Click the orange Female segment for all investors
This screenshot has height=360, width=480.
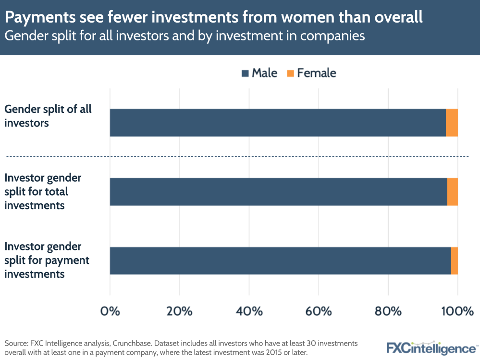click(452, 123)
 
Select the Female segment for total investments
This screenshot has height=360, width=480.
click(452, 192)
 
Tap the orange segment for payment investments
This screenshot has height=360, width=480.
click(454, 261)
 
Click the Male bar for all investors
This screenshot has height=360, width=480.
click(278, 123)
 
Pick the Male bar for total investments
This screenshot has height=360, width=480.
click(278, 192)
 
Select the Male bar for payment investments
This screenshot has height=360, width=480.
click(280, 261)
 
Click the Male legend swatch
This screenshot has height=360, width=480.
click(245, 73)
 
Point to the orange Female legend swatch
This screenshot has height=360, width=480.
click(290, 73)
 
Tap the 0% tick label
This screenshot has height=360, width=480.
click(110, 311)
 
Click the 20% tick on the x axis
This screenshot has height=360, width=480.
click(179, 311)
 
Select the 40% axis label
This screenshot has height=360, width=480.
click(249, 311)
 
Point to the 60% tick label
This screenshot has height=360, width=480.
click(319, 311)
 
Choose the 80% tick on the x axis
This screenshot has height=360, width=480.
click(388, 311)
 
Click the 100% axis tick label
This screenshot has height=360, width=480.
click(457, 311)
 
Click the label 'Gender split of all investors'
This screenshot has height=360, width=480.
click(48, 116)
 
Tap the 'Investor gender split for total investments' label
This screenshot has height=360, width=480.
click(43, 192)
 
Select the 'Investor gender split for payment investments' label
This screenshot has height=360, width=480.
click(47, 261)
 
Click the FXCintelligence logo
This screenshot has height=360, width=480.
click(431, 348)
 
